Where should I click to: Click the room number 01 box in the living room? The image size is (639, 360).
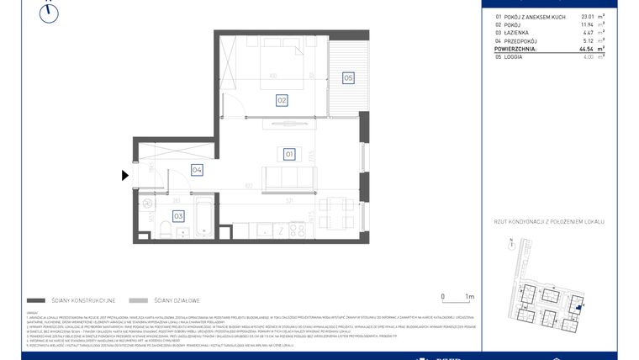pos(288,154)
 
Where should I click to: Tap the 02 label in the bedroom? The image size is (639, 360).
pos(283,100)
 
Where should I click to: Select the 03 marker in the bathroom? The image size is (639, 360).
pos(178,216)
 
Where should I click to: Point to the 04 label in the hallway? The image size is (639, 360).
pos(197,170)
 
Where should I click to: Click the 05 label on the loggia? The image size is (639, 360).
pos(347,78)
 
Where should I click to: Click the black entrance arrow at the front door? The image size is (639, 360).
pos(125,176)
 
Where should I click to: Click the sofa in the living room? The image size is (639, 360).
pos(289,179)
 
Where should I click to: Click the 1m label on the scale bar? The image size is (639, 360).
pos(469,297)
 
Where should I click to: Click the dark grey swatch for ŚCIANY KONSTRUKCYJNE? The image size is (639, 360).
pos(36,299)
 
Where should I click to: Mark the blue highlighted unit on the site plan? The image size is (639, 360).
pos(578,308)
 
